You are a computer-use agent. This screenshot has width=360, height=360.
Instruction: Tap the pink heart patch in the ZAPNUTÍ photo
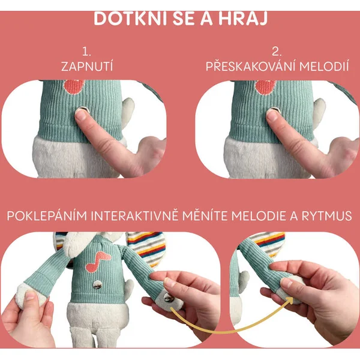[74, 86]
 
